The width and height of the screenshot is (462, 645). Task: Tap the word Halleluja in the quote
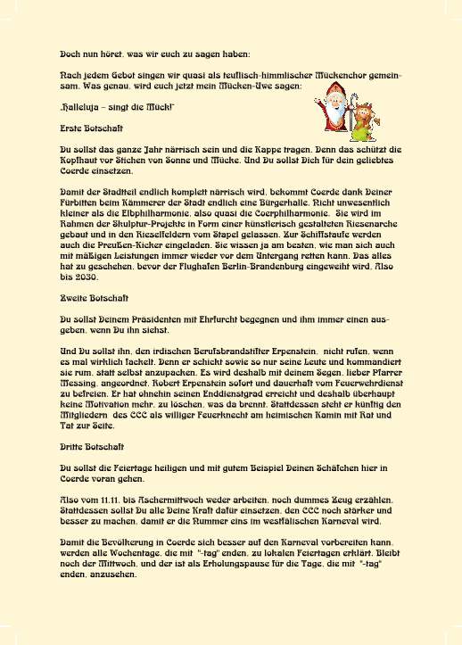pos(83,107)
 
